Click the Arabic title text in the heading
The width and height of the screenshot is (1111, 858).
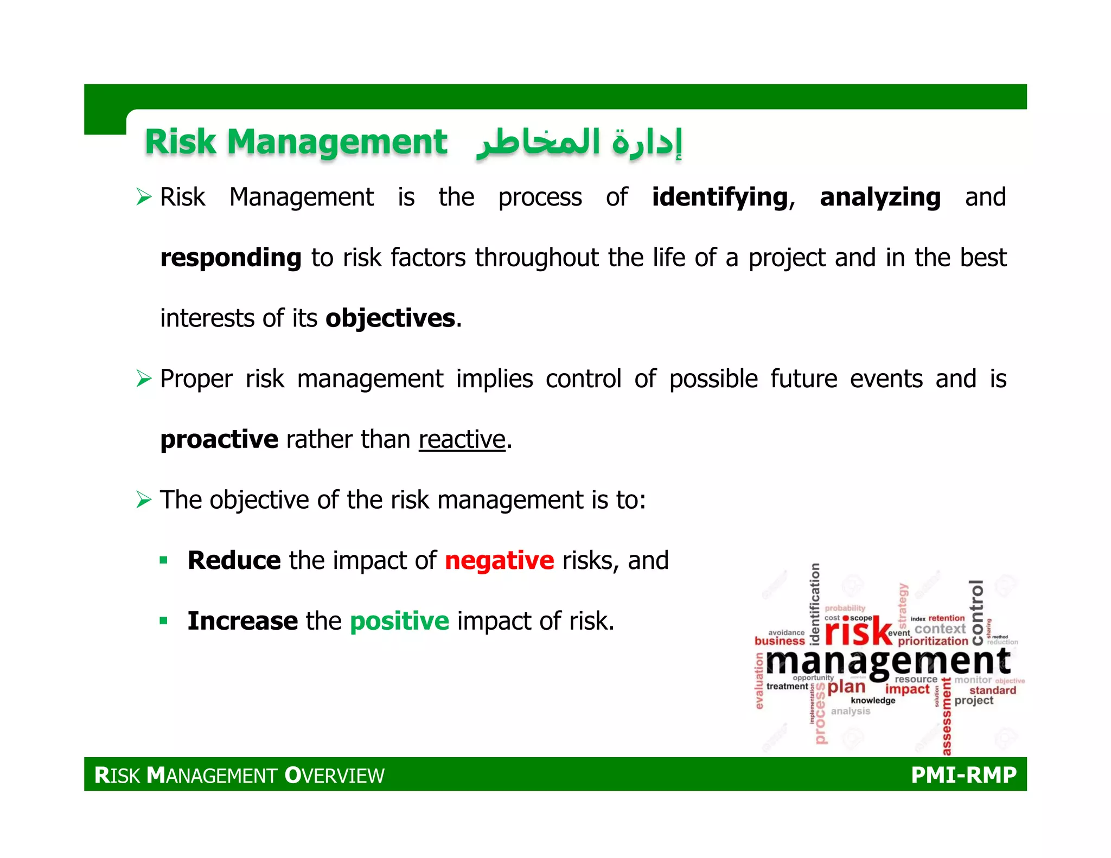(x=578, y=143)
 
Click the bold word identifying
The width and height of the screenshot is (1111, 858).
(x=719, y=197)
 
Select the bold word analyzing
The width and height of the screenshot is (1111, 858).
(x=880, y=197)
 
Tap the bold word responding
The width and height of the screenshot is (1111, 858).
(x=231, y=258)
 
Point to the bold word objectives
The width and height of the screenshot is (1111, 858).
(x=390, y=318)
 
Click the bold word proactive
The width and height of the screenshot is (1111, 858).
(x=219, y=439)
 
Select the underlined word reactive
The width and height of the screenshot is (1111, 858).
(x=462, y=439)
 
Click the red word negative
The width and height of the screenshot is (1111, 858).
(x=499, y=561)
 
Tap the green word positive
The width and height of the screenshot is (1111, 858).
(x=399, y=621)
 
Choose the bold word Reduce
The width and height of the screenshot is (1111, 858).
(x=234, y=561)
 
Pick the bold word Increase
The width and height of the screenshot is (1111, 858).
(x=242, y=621)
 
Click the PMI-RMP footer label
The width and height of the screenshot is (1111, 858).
(x=963, y=775)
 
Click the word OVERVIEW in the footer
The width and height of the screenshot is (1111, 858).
(x=335, y=776)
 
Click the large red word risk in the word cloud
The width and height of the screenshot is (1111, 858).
(x=858, y=632)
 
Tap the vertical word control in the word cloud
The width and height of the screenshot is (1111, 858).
(x=976, y=612)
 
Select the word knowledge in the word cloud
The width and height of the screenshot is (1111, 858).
(x=873, y=701)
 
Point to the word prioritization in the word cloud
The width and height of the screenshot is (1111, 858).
(x=933, y=641)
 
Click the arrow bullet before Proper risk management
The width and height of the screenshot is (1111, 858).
(x=144, y=379)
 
